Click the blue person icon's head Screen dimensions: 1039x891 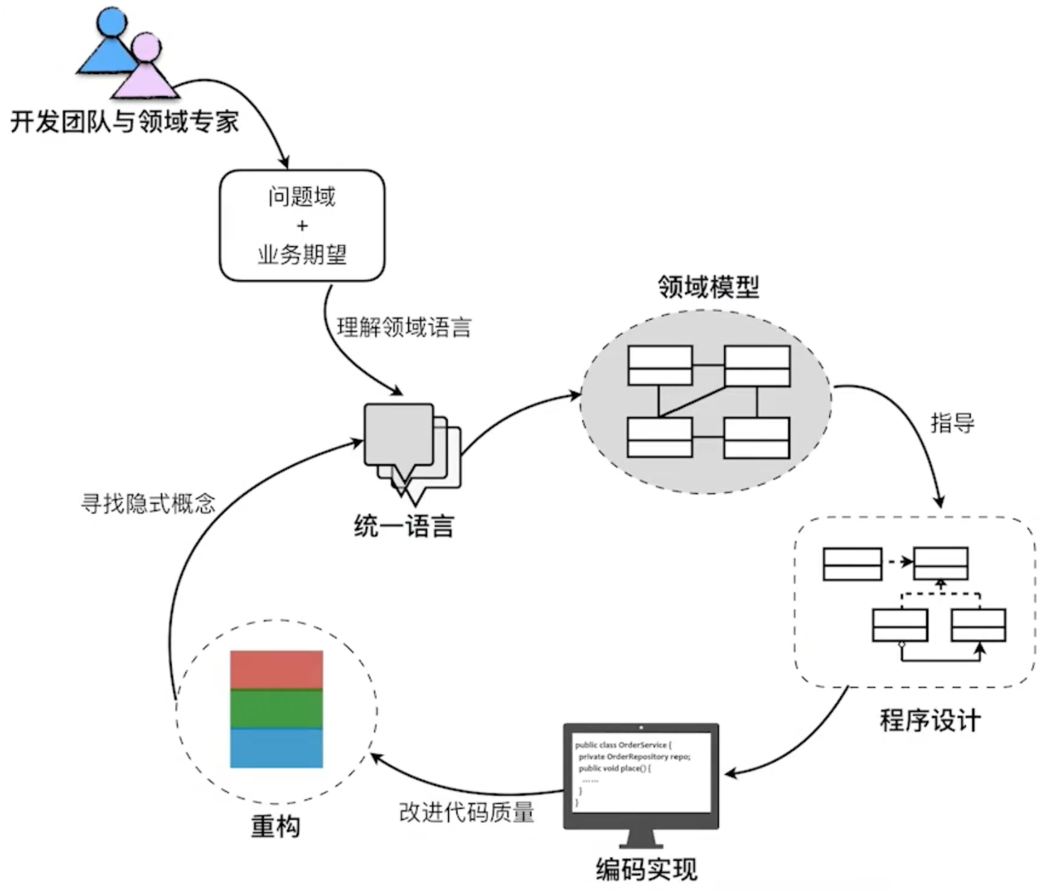coord(111,21)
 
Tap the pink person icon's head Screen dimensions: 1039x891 coord(146,47)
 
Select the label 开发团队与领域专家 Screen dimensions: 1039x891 coord(124,122)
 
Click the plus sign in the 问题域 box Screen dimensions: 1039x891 coord(302,226)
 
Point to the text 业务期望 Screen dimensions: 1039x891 coord(302,254)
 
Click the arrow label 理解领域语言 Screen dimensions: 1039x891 coord(404,327)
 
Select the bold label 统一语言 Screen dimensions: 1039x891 coord(404,526)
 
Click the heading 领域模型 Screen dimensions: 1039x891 coord(709,287)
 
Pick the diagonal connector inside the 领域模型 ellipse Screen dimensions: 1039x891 coord(692,401)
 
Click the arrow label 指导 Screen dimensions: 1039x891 coord(952,422)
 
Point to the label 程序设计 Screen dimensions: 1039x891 coord(930,720)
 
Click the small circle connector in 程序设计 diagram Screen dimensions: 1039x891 coord(902,644)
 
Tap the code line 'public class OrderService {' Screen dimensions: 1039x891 coord(623,745)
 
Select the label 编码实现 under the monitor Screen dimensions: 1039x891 coord(646,869)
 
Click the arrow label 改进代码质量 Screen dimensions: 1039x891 coord(467,812)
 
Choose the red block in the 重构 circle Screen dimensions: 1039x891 coord(277,669)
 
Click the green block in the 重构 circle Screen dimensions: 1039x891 coord(277,708)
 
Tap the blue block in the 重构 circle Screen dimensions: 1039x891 coord(277,747)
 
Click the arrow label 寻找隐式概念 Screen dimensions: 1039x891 coord(149,503)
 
